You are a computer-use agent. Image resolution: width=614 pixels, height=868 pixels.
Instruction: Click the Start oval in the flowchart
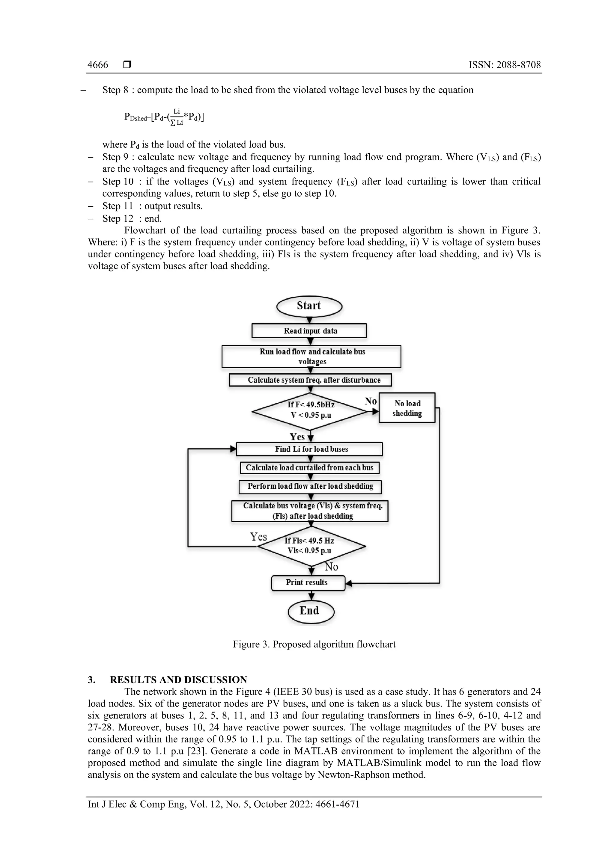click(309, 306)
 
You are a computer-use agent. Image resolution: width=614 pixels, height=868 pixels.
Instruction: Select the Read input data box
click(309, 331)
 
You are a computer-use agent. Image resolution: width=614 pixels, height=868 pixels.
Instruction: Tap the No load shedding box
click(407, 408)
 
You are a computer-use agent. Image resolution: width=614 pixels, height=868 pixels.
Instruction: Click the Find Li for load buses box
click(309, 449)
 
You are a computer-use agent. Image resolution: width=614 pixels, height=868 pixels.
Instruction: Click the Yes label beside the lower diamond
click(258, 537)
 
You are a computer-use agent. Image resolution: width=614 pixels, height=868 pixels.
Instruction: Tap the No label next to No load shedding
click(370, 401)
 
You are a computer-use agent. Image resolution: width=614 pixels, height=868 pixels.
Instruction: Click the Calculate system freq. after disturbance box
click(310, 380)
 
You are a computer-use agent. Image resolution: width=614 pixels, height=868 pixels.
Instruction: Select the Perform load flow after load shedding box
click(310, 487)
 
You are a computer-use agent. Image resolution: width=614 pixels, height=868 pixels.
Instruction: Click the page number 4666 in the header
click(98, 65)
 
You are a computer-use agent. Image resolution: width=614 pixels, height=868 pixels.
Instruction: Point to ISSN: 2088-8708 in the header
click(504, 65)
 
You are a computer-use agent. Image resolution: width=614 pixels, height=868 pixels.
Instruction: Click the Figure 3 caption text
click(314, 644)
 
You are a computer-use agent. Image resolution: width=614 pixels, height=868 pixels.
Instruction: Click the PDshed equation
click(164, 117)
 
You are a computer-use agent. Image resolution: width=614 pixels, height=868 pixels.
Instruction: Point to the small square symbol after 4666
click(127, 65)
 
